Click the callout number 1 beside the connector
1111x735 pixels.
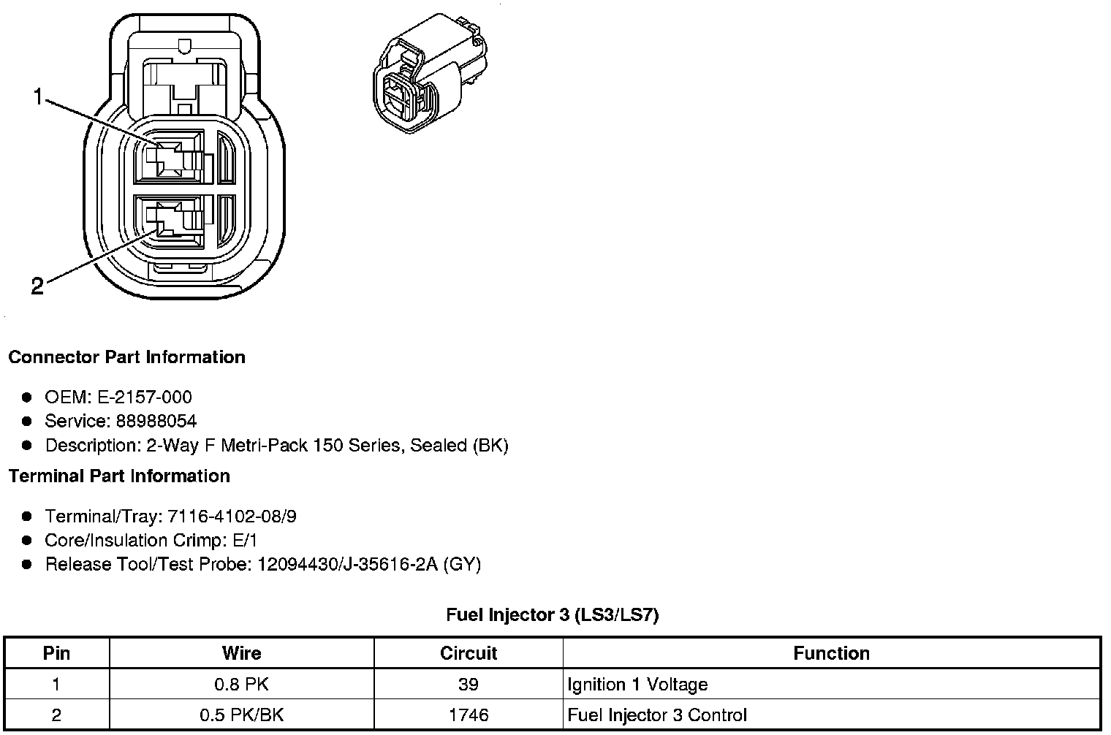pyautogui.click(x=38, y=96)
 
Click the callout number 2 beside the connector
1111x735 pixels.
pyautogui.click(x=38, y=286)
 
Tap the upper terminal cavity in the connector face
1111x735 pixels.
pyautogui.click(x=169, y=157)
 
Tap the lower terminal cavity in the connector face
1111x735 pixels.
pyautogui.click(x=169, y=221)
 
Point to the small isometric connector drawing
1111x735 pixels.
pyautogui.click(x=430, y=73)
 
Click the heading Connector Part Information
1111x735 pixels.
pyautogui.click(x=127, y=357)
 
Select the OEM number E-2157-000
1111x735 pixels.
pyautogui.click(x=144, y=397)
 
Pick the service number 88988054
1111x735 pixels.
pyautogui.click(x=156, y=422)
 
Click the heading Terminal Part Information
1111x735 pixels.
pyautogui.click(x=120, y=476)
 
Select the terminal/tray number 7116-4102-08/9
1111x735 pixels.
pyautogui.click(x=232, y=517)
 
